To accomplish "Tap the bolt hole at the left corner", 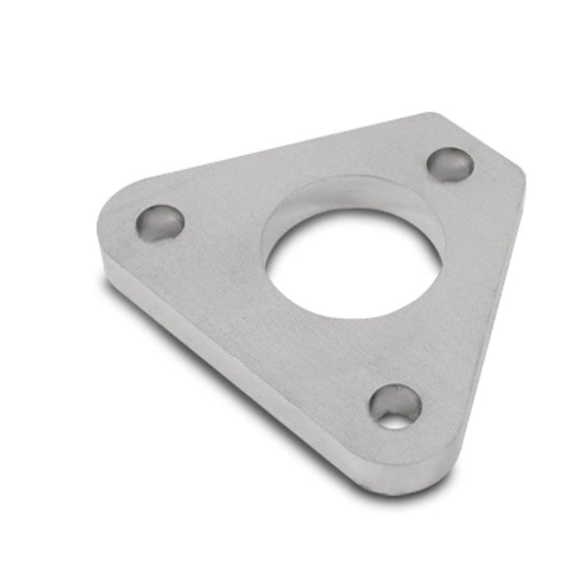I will click(160, 222).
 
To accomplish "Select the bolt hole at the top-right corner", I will click(450, 164).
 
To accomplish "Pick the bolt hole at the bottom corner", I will click(395, 406).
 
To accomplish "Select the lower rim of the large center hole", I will click(353, 317).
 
